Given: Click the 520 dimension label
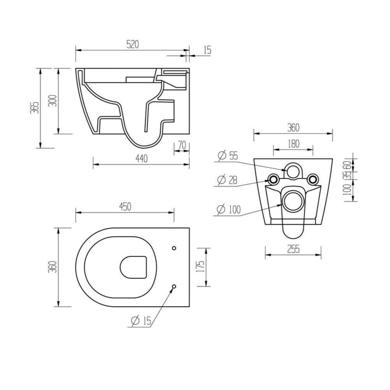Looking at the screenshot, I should click(x=132, y=44).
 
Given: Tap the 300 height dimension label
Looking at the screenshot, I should click(x=53, y=101).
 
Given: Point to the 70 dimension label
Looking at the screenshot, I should click(x=182, y=145).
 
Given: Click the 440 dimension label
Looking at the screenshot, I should click(x=141, y=158).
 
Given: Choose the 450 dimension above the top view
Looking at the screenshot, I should click(x=125, y=207).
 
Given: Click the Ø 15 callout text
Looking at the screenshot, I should click(x=141, y=321).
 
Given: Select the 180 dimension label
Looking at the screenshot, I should click(x=293, y=144).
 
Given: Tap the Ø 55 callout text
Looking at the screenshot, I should click(x=228, y=156).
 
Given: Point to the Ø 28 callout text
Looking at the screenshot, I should click(x=228, y=180).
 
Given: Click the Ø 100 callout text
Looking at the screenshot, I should click(x=228, y=210).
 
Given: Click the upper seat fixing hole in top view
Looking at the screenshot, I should click(x=174, y=248).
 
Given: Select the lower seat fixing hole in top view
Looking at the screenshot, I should click(x=174, y=286).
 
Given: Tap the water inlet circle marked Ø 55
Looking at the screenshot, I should click(x=293, y=170).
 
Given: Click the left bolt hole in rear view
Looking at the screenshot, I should click(x=273, y=179).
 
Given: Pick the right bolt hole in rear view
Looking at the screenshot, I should click(x=312, y=179).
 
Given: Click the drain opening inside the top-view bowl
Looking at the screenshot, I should click(x=134, y=267).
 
